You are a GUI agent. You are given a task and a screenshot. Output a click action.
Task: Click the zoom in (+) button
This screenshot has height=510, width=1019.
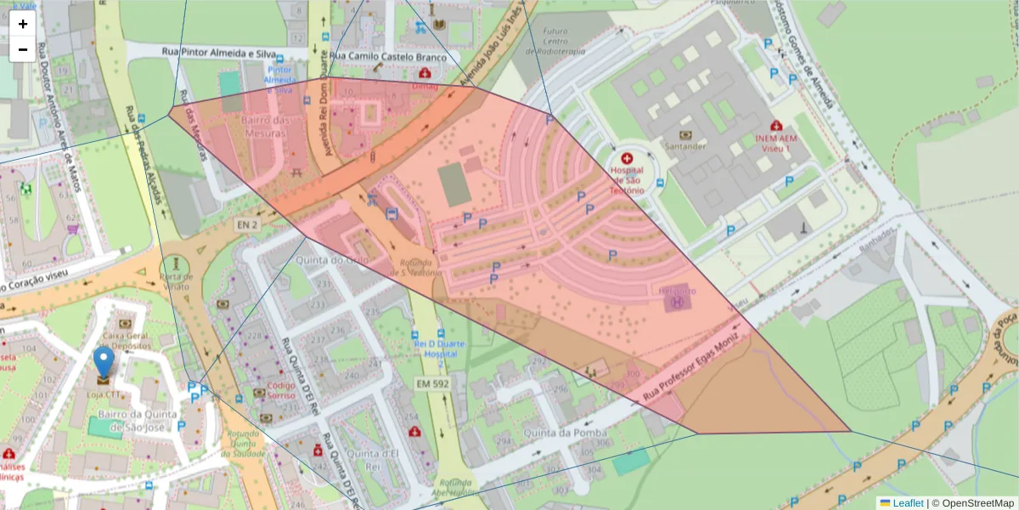point(23,24)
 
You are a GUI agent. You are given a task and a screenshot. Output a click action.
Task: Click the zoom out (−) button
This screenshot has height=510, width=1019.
point(23,49)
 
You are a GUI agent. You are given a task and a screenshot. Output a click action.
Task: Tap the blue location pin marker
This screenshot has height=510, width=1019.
point(103,362)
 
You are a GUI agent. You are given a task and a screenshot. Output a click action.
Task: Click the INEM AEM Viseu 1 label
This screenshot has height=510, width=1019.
point(778,142)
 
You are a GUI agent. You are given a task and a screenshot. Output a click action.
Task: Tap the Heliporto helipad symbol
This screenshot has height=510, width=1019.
point(677,302)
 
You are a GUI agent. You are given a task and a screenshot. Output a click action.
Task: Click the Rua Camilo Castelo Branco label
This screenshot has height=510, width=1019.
point(389,57)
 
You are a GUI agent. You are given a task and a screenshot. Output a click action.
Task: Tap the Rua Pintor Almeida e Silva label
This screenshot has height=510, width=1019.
point(218,54)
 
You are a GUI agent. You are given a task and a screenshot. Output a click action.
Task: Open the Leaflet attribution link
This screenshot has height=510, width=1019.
point(908,503)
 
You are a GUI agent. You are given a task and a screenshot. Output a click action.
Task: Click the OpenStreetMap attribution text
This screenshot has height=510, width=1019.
point(977,503)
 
